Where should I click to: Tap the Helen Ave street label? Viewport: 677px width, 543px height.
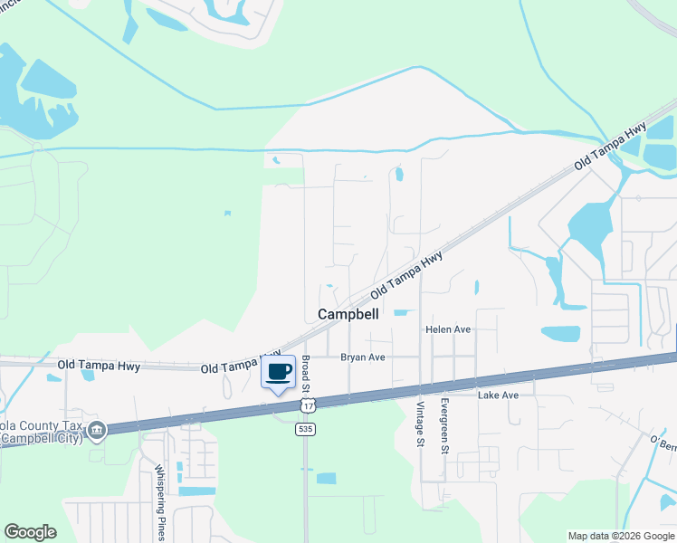tap(449, 329)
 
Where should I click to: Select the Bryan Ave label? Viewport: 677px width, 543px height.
tap(363, 357)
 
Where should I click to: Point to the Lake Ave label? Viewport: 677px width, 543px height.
tap(498, 395)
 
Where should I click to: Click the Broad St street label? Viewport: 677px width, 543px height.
tap(306, 374)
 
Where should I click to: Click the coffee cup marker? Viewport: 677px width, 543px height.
tap(279, 372)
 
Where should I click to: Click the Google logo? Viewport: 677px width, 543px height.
tap(30, 532)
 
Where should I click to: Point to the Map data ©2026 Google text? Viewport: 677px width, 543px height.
tap(620, 536)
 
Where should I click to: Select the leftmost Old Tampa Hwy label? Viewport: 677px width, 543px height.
tap(90, 364)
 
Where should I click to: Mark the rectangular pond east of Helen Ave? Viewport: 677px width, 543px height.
tap(560, 333)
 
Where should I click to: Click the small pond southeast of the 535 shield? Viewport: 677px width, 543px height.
tap(326, 478)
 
